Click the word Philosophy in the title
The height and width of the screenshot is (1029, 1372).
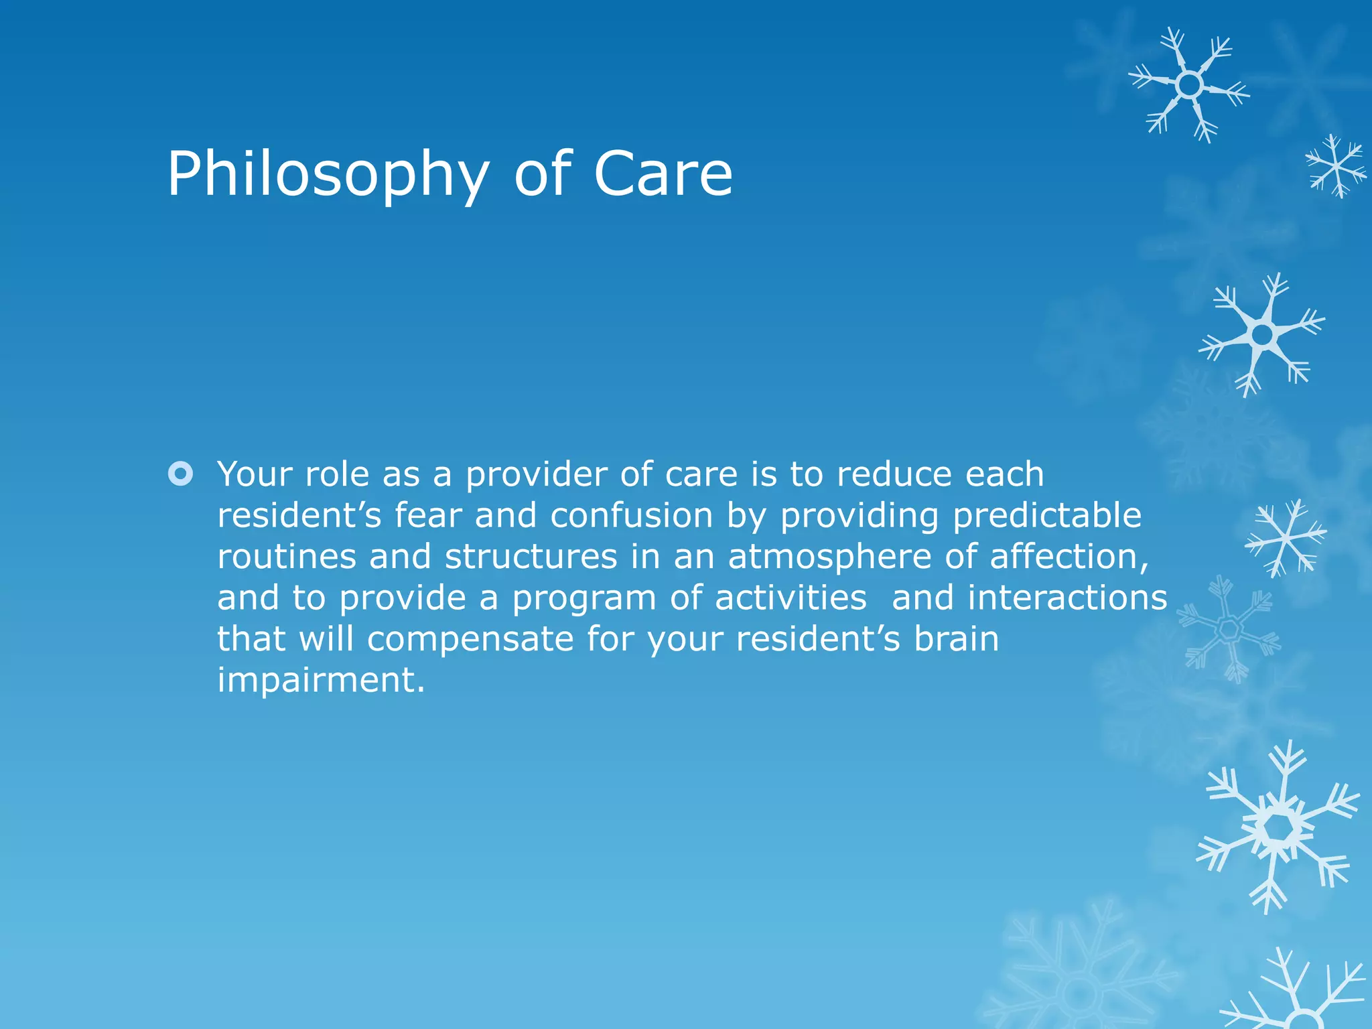[x=328, y=175]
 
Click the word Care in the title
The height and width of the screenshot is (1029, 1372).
[x=663, y=174]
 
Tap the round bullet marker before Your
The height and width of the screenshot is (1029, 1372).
[x=180, y=474]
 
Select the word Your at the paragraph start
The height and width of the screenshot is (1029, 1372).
[x=255, y=474]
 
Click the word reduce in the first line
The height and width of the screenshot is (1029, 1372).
[x=894, y=474]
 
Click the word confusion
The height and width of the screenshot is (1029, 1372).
[x=632, y=515]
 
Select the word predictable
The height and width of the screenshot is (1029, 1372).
[x=1046, y=515]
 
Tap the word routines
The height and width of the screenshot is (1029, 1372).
[x=286, y=557]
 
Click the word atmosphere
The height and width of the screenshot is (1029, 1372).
[x=829, y=557]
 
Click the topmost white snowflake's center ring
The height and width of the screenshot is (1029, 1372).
[x=1189, y=85]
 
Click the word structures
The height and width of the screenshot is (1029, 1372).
[x=531, y=557]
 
